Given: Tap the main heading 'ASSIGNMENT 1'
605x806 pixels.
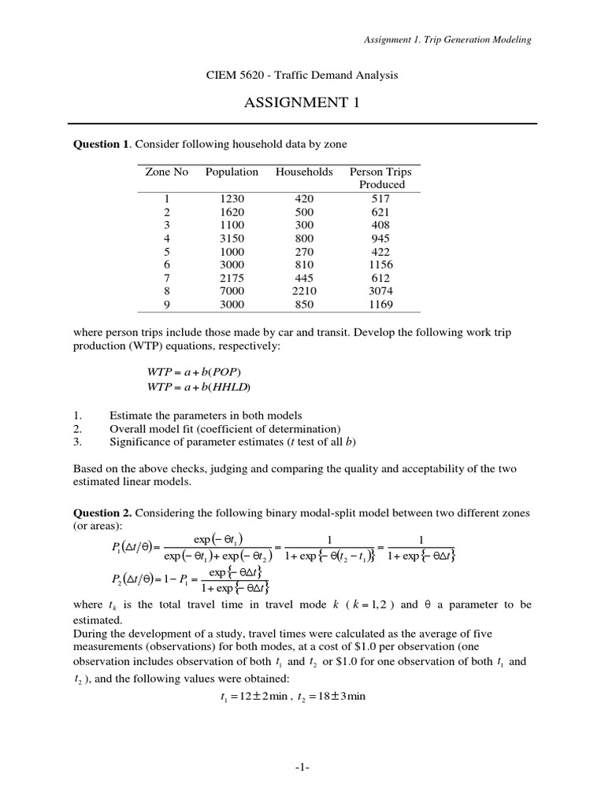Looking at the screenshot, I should pos(302,103).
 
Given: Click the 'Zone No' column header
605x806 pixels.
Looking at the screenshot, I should pos(166,172).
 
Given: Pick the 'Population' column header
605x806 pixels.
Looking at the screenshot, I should pos(232,172).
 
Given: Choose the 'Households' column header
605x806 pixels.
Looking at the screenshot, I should pos(304,172).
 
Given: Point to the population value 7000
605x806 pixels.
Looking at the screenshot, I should pos(232,291).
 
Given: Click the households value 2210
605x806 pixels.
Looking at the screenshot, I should pos(303,291).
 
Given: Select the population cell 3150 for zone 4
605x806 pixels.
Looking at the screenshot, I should pos(232,238).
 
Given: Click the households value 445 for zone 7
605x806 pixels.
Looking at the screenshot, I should pos(303,278).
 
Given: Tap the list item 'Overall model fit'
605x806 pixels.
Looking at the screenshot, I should pos(225,429).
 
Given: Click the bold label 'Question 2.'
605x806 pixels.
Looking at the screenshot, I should pos(102,512).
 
